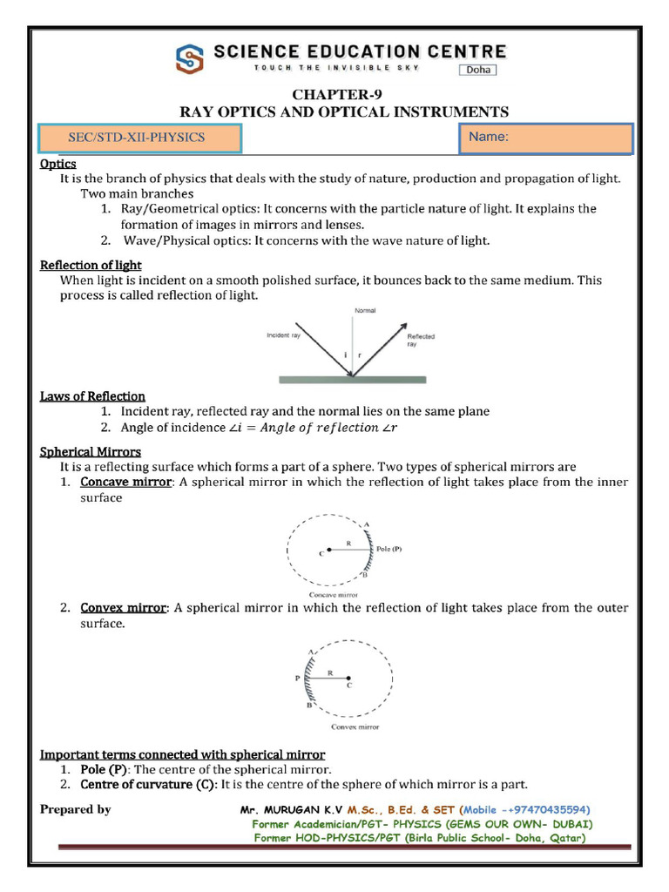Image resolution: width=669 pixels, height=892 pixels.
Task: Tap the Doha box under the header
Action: (478, 70)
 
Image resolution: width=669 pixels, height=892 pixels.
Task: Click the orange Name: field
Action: (544, 138)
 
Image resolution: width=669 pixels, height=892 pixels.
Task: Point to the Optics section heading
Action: (58, 164)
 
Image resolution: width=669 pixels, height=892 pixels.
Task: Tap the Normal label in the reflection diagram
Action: (365, 310)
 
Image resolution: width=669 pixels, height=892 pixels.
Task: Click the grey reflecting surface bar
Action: (352, 379)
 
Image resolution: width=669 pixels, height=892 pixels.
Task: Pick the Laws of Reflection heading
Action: (92, 396)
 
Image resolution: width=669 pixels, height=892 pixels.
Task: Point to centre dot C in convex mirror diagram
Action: (349, 679)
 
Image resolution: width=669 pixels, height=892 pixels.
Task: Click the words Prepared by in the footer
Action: (76, 809)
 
